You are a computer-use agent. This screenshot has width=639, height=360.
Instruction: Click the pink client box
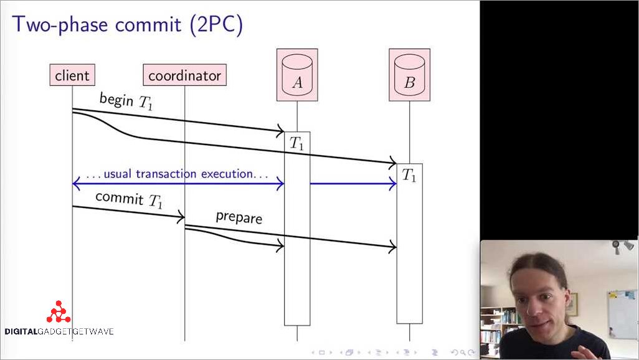(72, 76)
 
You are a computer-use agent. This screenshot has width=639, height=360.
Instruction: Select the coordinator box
(184, 76)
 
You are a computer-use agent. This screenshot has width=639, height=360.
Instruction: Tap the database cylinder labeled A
(297, 75)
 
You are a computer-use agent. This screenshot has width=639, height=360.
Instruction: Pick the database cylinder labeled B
(409, 75)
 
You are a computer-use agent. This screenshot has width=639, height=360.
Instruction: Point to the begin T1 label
(125, 101)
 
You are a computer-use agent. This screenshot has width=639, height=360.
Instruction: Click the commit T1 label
(129, 200)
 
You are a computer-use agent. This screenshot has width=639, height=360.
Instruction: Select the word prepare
(239, 217)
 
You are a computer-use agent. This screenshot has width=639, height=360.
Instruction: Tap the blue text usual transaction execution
(177, 174)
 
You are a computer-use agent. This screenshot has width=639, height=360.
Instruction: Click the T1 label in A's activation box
(297, 143)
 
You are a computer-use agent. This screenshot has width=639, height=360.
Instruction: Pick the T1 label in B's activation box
(409, 175)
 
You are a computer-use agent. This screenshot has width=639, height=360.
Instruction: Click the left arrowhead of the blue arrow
(76, 183)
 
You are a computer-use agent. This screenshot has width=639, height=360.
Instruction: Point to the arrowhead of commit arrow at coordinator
(181, 217)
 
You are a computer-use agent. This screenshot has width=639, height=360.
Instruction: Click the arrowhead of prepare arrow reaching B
(392, 248)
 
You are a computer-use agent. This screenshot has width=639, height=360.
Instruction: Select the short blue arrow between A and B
(353, 183)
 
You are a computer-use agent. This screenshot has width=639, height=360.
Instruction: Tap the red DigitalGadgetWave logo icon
(59, 312)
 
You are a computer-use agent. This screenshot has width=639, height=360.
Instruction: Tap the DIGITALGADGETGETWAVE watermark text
(59, 331)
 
